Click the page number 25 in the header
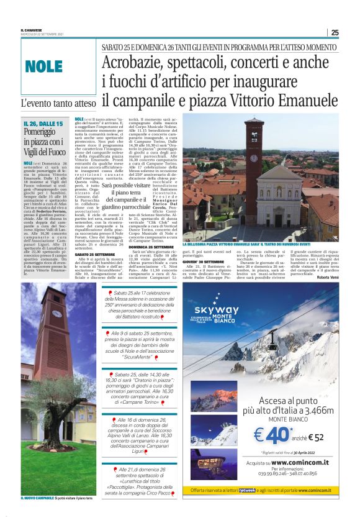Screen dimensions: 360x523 pyautogui.click(x=335, y=33)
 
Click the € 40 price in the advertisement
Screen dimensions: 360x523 pyautogui.click(x=272, y=436)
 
